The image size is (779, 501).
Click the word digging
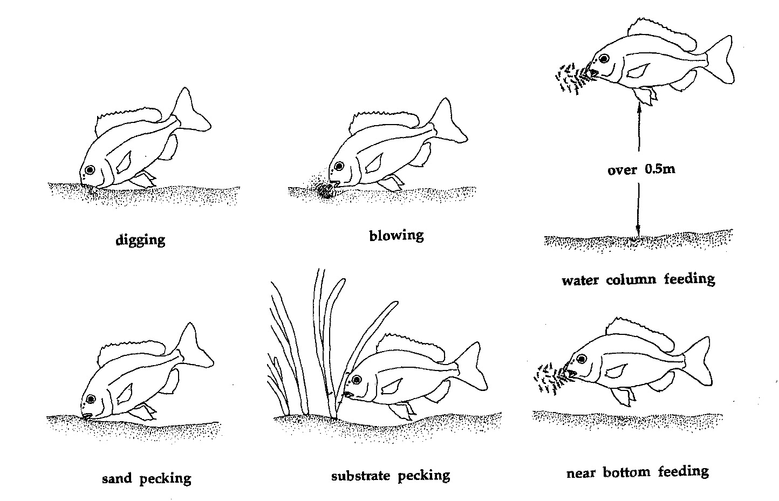(x=140, y=240)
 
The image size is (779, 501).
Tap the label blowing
(x=397, y=236)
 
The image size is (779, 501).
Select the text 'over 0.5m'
(x=641, y=170)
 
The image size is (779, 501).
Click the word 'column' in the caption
(x=631, y=279)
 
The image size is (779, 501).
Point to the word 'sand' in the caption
(x=117, y=478)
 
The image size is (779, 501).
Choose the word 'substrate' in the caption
(x=360, y=475)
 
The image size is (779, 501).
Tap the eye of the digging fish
(x=90, y=170)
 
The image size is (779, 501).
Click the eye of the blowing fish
(x=338, y=166)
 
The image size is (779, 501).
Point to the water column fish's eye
(x=604, y=58)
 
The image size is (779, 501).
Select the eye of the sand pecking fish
(x=91, y=399)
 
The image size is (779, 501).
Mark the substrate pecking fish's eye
(x=357, y=379)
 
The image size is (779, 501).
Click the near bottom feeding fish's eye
(x=581, y=359)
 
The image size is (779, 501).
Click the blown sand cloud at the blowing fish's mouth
(x=326, y=190)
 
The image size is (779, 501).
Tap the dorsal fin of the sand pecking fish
(x=131, y=352)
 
